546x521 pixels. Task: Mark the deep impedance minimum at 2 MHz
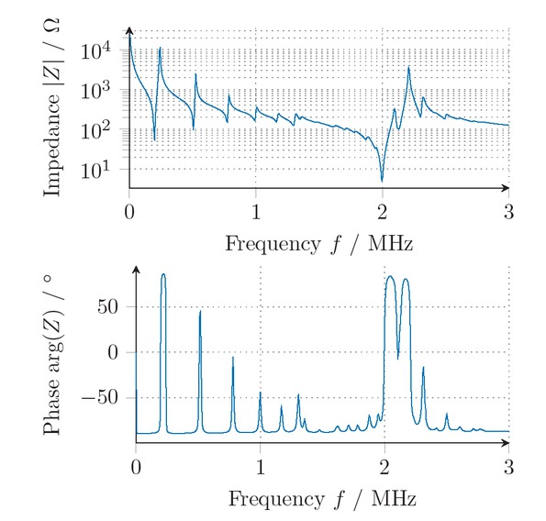[382, 181]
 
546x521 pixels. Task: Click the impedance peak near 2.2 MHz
[408, 67]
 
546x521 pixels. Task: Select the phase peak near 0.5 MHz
[200, 311]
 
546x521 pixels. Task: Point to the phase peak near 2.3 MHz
[423, 367]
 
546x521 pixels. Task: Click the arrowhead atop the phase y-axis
[136, 269]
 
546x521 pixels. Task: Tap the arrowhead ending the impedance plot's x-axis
[506, 187]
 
